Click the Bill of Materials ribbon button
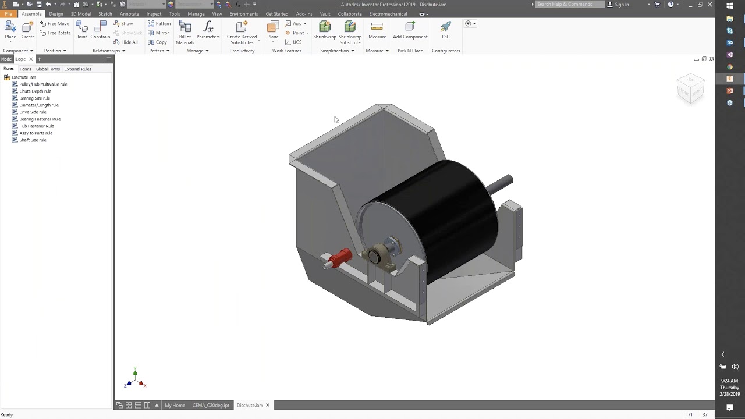[185, 32]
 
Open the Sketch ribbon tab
[105, 14]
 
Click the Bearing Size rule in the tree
[34, 98]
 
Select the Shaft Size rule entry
[33, 140]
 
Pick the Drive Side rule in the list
[33, 112]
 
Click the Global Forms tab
[48, 69]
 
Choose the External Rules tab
[77, 69]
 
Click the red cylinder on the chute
[340, 257]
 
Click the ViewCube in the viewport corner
[690, 89]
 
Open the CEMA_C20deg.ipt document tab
[211, 406]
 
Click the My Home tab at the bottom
[175, 406]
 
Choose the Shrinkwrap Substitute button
[350, 32]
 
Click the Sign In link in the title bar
[622, 5]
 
